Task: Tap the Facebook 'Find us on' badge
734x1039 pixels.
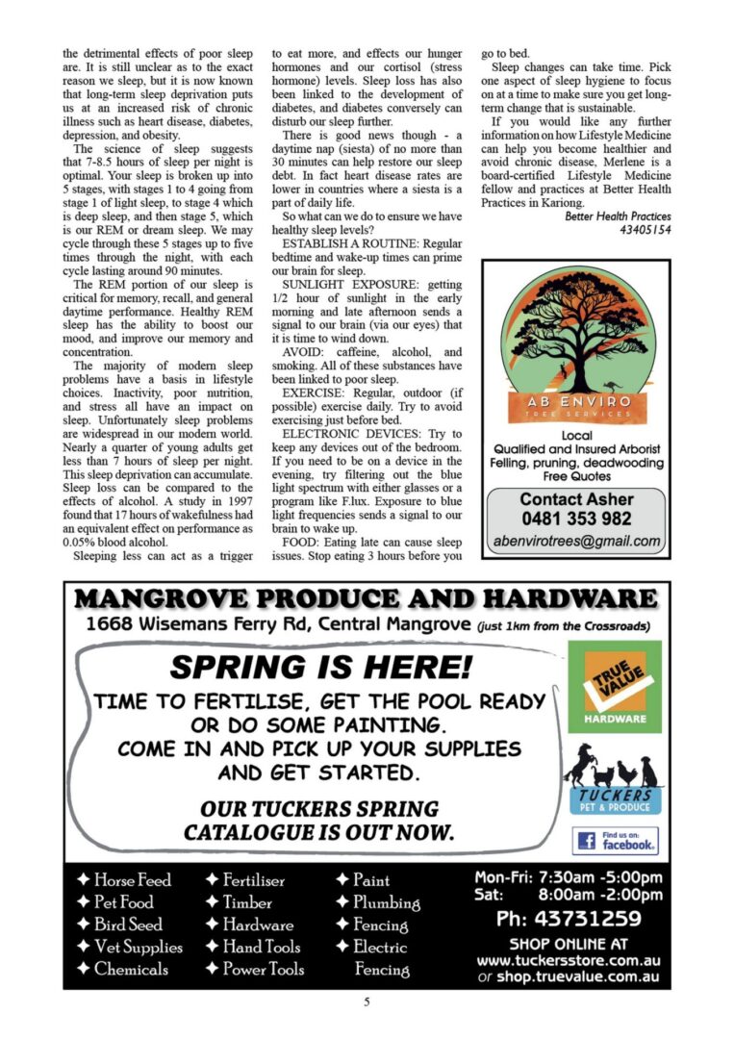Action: (615, 840)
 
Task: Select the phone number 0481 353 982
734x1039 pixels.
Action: (576, 519)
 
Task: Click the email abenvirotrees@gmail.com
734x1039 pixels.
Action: (576, 541)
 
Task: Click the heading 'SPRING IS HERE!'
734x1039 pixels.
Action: (321, 666)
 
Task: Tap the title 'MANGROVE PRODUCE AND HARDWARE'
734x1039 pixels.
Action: (367, 599)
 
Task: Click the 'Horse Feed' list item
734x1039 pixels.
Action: (124, 880)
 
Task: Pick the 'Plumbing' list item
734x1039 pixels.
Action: (377, 902)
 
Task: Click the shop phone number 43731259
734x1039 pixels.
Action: (569, 919)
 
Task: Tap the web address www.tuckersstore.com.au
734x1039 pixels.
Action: (568, 960)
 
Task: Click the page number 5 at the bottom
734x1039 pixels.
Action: (367, 1002)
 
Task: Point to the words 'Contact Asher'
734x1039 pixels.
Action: (576, 499)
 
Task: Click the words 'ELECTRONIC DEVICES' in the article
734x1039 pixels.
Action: (345, 435)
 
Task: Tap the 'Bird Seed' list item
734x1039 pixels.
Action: (120, 925)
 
